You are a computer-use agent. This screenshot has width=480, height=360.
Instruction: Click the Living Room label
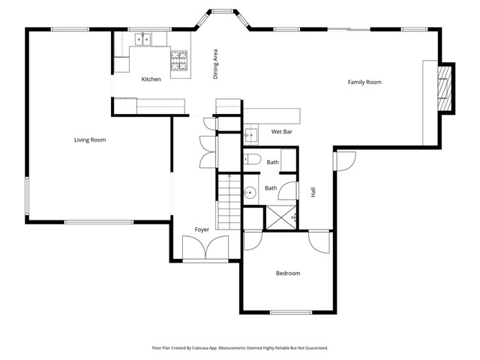coord(90,140)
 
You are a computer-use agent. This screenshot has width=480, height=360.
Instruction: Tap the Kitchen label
coord(151,79)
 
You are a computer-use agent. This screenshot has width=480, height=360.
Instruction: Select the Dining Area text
coord(215,64)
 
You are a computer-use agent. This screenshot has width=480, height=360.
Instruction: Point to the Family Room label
coord(364,82)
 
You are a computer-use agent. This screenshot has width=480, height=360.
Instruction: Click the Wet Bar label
coord(282,132)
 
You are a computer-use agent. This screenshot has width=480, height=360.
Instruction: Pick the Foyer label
coord(202,229)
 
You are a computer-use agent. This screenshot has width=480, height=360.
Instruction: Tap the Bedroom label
coord(288,273)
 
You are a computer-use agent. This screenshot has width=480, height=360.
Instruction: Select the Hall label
coord(313,192)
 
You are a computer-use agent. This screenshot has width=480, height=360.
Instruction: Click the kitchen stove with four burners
coord(179,61)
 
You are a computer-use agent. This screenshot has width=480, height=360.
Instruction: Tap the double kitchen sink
coord(143,39)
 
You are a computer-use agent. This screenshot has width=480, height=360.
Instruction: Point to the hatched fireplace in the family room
coord(445,88)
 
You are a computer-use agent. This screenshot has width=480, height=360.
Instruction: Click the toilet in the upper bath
coord(253,160)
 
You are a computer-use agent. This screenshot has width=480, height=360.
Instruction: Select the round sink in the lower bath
coord(250,193)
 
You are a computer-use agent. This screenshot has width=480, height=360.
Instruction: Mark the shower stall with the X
coord(281,217)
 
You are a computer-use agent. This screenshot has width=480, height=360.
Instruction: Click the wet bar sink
coord(251,135)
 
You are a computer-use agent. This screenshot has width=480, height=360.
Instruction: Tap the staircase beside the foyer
coord(229,202)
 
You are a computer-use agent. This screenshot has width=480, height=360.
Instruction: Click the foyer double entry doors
coord(205,247)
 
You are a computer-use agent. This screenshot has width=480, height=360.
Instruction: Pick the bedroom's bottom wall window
coord(291,313)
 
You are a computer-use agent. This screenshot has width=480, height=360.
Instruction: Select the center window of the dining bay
coord(223,12)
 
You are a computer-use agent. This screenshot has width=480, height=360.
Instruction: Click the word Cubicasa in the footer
coord(200,348)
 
